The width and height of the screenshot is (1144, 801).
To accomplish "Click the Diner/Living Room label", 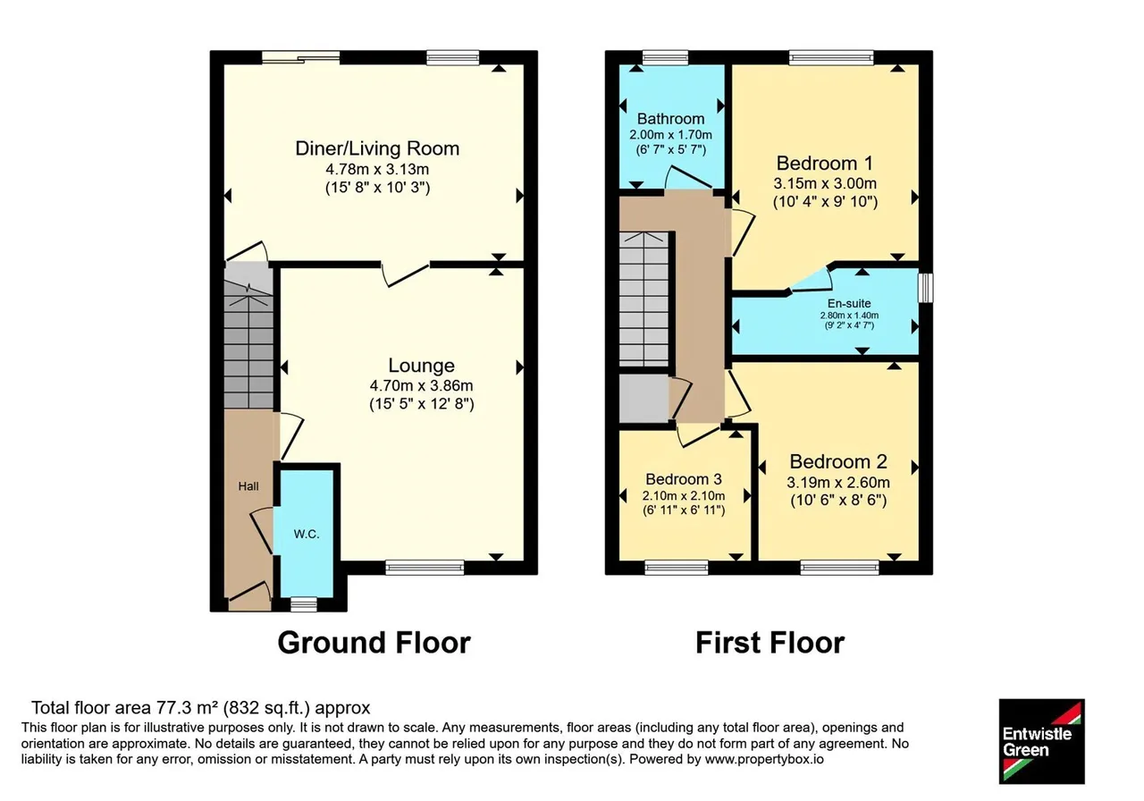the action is point(377,148).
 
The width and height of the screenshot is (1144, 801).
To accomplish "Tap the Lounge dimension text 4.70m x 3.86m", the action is point(421,385).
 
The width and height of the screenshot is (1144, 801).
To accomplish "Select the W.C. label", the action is point(307,535).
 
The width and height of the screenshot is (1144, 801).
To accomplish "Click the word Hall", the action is point(248,486).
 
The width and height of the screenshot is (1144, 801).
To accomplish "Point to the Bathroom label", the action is point(670,119).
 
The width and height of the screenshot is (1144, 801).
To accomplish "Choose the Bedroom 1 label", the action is point(825,164).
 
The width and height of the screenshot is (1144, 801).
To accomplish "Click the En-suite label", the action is point(849,303).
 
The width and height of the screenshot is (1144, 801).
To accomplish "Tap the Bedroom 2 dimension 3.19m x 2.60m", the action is point(838,482).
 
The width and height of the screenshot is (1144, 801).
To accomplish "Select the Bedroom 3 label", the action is point(684,479).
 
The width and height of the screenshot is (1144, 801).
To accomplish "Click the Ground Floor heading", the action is point(374,643).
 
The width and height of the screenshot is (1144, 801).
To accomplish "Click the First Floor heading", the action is point(770,643).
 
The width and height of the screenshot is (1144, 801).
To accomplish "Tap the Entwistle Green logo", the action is point(1042,741).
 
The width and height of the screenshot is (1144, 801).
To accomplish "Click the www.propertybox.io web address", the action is point(764,759).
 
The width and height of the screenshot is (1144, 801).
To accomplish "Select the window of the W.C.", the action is point(303,605).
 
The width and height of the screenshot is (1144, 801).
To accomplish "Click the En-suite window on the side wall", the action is point(925,288).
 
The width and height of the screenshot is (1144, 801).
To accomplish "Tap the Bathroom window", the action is point(665,57).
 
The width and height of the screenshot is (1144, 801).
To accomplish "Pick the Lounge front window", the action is point(425,568).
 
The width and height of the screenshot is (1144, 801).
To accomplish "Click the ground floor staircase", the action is point(248,336).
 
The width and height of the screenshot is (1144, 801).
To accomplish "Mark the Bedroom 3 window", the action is point(677,568).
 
